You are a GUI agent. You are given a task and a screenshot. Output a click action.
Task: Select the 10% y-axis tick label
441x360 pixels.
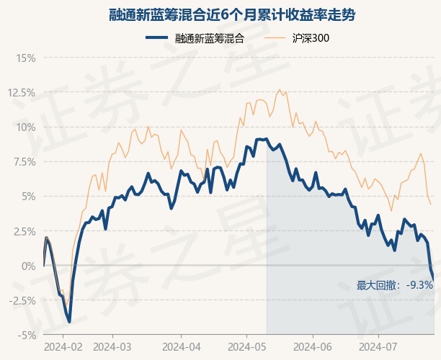pos(25,127)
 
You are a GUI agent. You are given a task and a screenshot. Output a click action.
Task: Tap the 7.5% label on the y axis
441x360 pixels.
pos(22,161)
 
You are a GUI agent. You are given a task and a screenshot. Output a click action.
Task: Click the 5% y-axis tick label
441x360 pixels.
pos(27,196)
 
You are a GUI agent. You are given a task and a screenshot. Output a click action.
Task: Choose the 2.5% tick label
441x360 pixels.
pos(22,230)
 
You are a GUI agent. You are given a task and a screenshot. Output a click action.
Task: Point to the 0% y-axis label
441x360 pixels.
pos(27,266)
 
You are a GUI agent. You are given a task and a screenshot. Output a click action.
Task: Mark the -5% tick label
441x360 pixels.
pos(25,335)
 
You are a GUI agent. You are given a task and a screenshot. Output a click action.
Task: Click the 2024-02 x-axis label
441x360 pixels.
pos(63,346)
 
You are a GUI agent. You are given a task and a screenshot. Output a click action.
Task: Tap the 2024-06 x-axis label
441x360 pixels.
pos(312,346)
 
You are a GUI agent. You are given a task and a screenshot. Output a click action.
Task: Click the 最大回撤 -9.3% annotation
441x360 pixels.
pos(394,285)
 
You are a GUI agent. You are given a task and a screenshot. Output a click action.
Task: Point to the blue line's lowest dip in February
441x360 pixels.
pos(68,321)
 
